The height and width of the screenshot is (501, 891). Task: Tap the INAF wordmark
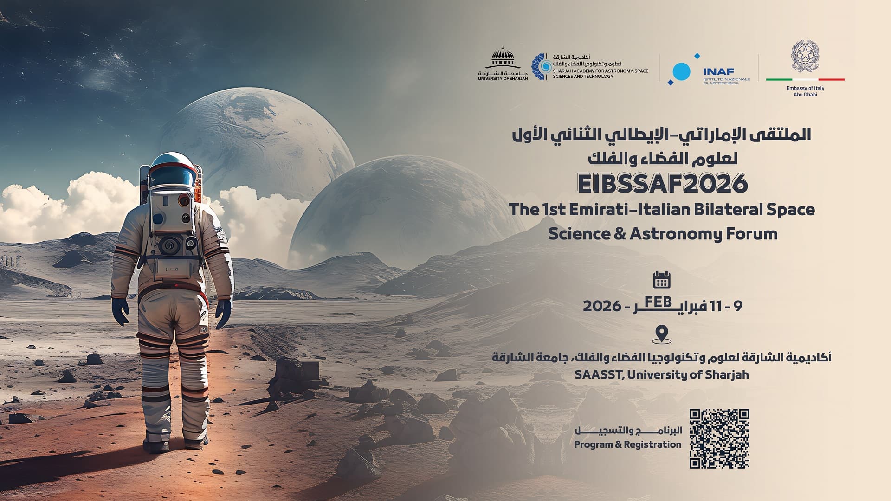click(x=718, y=72)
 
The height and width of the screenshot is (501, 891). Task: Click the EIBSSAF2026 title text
click(x=662, y=184)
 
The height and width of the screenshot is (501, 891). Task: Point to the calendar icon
click(x=662, y=280)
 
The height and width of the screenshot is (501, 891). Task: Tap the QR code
click(x=719, y=439)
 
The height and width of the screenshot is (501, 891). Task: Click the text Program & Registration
click(x=628, y=444)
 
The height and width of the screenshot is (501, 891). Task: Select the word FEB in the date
click(x=658, y=302)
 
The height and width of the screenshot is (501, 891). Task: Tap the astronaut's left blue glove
click(x=120, y=312)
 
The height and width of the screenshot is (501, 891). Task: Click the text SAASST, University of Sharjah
click(x=661, y=374)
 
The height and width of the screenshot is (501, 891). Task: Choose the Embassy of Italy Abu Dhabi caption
click(x=805, y=91)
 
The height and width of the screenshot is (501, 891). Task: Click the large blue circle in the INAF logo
click(x=681, y=71)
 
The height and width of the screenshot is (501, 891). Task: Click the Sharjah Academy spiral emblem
click(x=541, y=67)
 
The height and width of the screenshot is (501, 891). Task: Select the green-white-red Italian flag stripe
click(x=805, y=79)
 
